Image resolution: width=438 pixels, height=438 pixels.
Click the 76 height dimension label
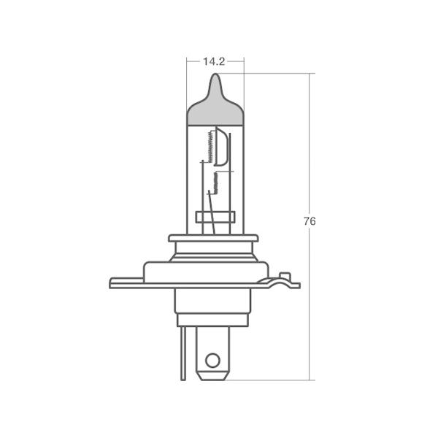coord(310,221)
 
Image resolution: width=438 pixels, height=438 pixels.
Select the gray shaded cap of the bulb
coord(215,109)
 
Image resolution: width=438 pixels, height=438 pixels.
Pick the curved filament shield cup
coord(226,150)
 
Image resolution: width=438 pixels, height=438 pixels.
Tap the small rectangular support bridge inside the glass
coord(215,217)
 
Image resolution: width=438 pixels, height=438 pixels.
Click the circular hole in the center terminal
coord(212,359)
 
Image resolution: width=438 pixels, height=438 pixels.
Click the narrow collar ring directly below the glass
coord(214,238)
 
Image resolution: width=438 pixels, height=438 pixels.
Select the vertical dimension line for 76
coord(312,292)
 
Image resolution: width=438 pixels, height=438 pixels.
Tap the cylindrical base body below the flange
coord(214,307)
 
